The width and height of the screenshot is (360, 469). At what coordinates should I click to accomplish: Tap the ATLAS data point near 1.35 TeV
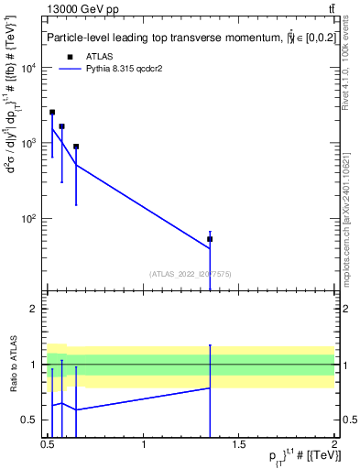(210, 239)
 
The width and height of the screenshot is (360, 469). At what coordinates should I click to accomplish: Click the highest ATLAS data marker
(52, 113)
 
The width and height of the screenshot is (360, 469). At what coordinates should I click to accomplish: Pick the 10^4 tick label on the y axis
(30, 69)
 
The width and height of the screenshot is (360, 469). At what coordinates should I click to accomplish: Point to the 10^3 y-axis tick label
(30, 144)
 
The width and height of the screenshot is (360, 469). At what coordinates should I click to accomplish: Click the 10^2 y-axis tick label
(30, 219)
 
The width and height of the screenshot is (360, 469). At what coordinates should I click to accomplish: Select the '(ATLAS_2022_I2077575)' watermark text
(190, 273)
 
